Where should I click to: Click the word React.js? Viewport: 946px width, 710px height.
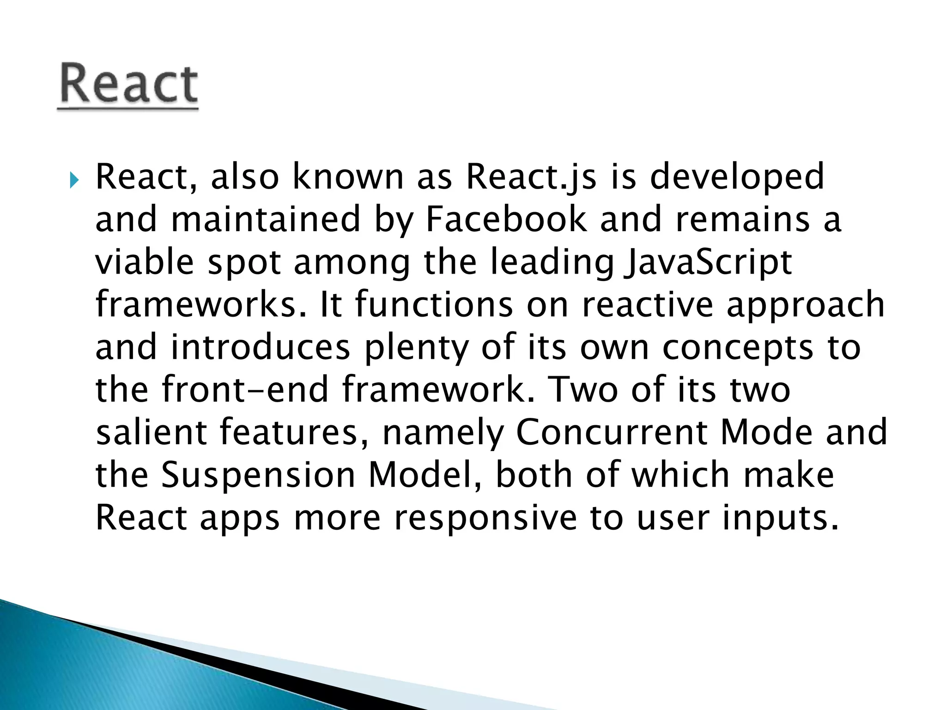pos(531,177)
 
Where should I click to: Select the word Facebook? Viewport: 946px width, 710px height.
pos(506,220)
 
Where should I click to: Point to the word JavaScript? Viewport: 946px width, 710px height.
pos(708,263)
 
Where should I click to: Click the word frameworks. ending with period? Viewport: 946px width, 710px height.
pos(201,305)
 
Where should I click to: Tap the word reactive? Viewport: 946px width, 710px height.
pos(648,305)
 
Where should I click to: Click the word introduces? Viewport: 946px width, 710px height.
pos(261,348)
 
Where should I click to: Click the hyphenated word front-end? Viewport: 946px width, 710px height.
pos(245,390)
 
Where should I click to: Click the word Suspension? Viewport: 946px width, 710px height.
pos(258,475)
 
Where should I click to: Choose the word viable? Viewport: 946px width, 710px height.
pos(145,262)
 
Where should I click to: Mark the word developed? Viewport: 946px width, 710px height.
pos(737,178)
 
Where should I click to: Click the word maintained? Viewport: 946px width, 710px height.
pos(266,220)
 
